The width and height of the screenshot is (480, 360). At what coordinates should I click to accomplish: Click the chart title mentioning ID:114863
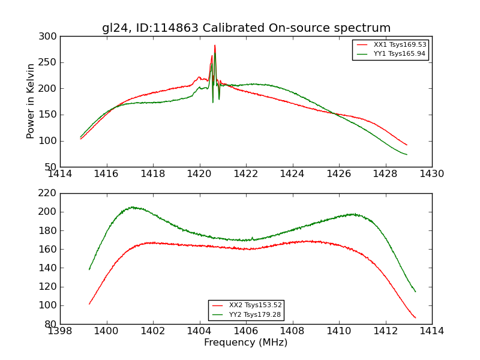pyautogui.click(x=246, y=28)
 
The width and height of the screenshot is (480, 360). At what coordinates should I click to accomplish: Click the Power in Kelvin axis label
pyautogui.click(x=31, y=101)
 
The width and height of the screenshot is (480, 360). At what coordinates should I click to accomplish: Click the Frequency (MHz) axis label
pyautogui.click(x=246, y=343)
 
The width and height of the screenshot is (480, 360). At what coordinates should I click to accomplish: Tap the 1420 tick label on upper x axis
pyautogui.click(x=200, y=174)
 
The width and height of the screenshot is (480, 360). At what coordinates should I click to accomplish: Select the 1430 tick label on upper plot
pyautogui.click(x=432, y=174)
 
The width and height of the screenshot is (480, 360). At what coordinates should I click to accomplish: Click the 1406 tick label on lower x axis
pyautogui.click(x=246, y=331)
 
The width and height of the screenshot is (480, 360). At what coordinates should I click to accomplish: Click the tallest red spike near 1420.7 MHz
pyautogui.click(x=215, y=45)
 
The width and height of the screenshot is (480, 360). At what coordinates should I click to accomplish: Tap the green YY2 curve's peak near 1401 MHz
pyautogui.click(x=132, y=207)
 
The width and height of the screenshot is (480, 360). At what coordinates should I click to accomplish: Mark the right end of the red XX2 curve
pyautogui.click(x=415, y=318)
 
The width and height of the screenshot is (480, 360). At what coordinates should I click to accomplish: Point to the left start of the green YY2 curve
pyautogui.click(x=89, y=269)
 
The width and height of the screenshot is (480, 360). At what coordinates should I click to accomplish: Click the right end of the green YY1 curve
pyautogui.click(x=407, y=155)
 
